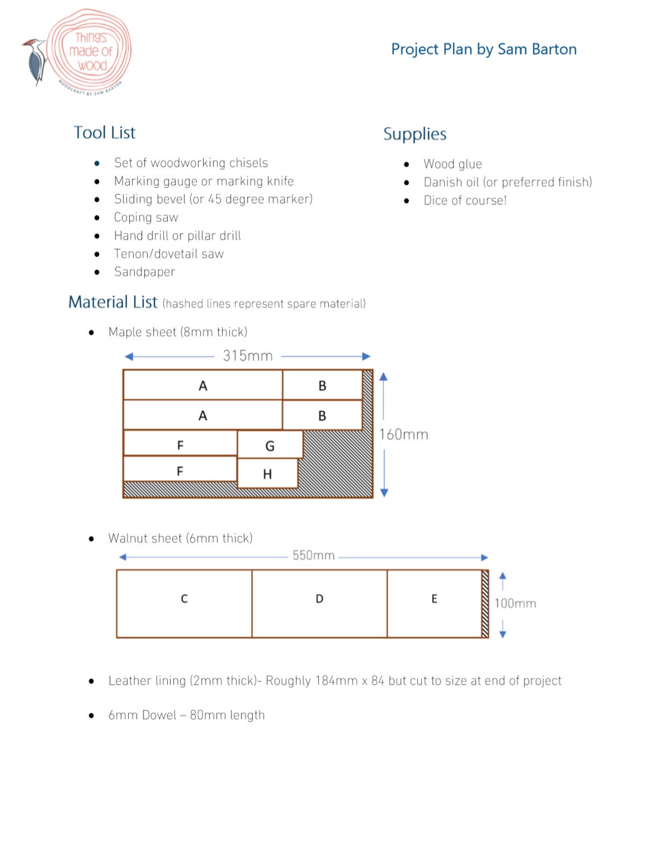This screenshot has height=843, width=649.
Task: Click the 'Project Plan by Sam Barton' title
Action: coord(483,50)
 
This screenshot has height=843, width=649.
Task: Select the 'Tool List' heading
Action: coord(105,133)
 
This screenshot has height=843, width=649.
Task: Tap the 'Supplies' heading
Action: coord(414,134)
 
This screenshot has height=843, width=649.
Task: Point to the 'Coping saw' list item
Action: coord(146,218)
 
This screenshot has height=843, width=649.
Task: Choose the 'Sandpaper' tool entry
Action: coord(145,272)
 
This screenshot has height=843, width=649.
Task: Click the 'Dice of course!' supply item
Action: coord(465,200)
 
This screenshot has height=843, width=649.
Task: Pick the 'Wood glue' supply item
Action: coord(453,164)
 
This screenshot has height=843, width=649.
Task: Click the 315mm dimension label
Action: coord(248,356)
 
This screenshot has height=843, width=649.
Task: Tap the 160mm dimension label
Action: coord(404,435)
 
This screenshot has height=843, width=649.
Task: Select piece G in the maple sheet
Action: coord(270,445)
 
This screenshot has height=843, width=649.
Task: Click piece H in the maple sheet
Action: coord(267,474)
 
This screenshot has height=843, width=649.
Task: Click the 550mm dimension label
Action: coord(313,555)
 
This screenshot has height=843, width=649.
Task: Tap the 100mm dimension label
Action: coord(515,604)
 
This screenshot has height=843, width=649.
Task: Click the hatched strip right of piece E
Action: coord(485,603)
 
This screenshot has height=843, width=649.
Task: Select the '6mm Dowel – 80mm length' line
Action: coord(186,715)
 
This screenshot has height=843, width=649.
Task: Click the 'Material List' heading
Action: coord(113,302)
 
